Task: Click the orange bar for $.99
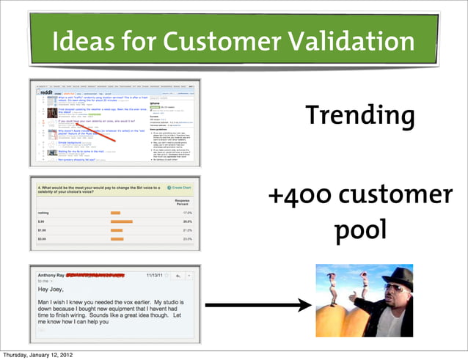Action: tap(121, 219)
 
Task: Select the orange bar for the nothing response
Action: tap(115, 211)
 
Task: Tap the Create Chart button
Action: tap(180, 187)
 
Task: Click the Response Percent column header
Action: tap(183, 200)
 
